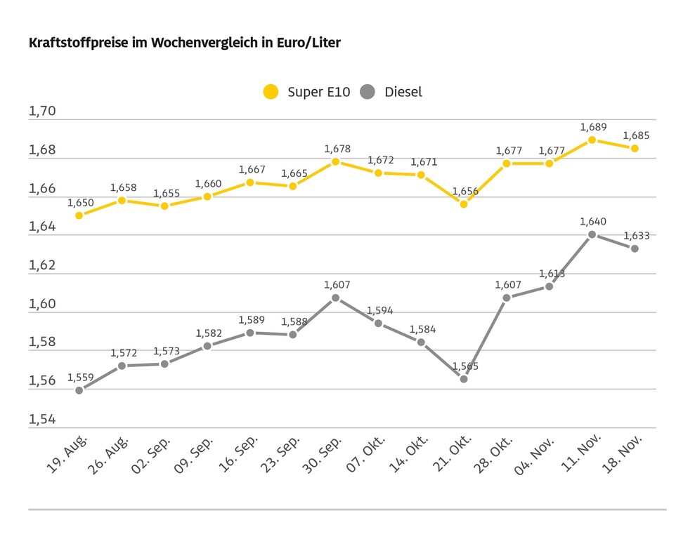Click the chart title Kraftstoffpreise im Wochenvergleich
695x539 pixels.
coord(184,43)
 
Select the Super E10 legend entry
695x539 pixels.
coord(306,92)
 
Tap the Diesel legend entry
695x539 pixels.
coord(392,92)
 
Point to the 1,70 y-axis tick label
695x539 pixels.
coord(41,112)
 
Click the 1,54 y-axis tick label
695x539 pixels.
coord(41,419)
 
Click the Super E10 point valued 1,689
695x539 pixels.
coord(592,140)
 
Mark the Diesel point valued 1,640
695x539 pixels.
coord(592,234)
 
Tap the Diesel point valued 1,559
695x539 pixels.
coord(79,390)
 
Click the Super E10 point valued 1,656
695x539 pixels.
coord(464,204)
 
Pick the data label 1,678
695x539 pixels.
coord(337,149)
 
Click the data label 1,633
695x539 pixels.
coord(636,236)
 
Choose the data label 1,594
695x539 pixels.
coord(379,310)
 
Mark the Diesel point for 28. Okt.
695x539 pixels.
coord(507,298)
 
